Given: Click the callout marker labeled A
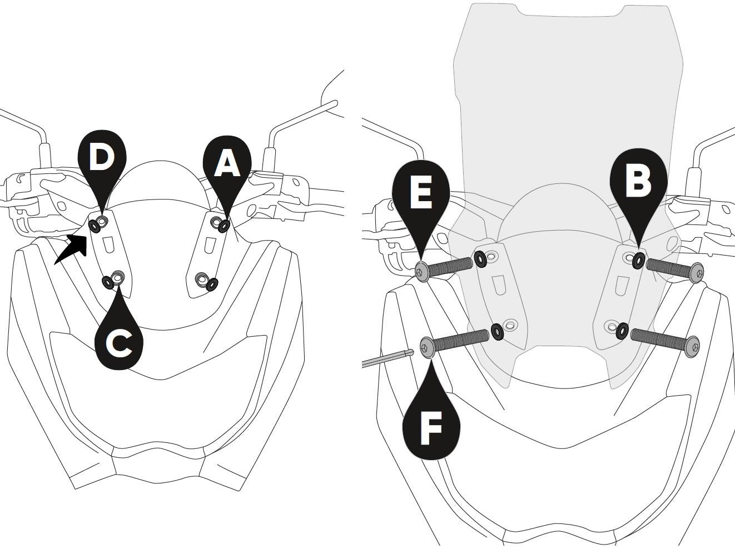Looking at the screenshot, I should point(227,164).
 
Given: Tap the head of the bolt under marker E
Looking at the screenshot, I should point(423,271).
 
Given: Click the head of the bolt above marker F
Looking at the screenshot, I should point(427,347).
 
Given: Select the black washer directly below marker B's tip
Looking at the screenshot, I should point(639,259).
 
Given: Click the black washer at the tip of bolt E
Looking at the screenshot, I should point(480,258).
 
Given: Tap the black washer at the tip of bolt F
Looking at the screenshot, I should point(498,332).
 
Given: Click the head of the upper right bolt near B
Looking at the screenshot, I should point(696,272).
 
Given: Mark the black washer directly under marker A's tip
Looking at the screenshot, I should point(224,226).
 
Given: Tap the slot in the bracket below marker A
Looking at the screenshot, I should point(210,246).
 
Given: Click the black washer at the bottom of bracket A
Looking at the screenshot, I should point(212,285).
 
